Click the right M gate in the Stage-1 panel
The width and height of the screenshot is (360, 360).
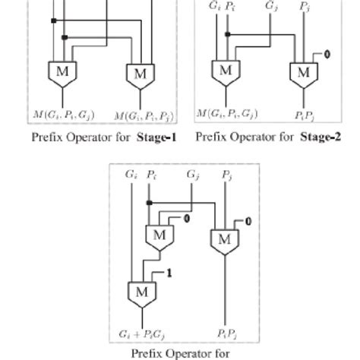tap(141, 74)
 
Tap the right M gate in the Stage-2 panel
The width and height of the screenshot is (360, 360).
tap(302, 72)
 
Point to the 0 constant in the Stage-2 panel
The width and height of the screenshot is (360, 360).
tap(327, 54)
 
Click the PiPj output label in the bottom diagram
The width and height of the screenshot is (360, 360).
tap(225, 332)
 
